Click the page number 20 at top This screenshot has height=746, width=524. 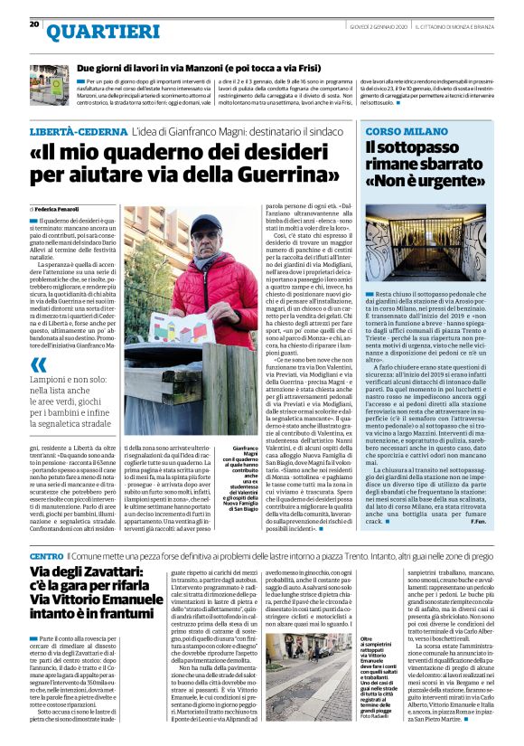33,24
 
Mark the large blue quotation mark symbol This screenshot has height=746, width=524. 39,365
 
